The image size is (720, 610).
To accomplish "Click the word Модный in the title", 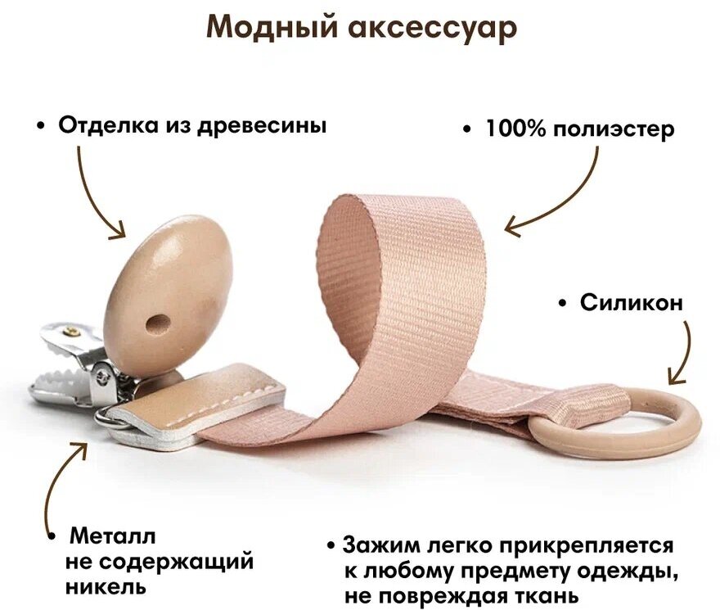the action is pyautogui.click(x=261, y=28).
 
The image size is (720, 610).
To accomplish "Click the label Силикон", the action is pyautogui.click(x=631, y=303).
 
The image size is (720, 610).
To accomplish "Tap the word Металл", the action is pyautogui.click(x=112, y=537).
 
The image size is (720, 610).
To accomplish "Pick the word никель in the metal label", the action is pyautogui.click(x=106, y=587).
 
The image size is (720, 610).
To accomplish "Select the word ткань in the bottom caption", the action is pyautogui.click(x=541, y=596).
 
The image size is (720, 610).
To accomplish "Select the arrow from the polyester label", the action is pyautogui.click(x=556, y=201).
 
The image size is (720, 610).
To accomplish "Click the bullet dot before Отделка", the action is pyautogui.click(x=40, y=127).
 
